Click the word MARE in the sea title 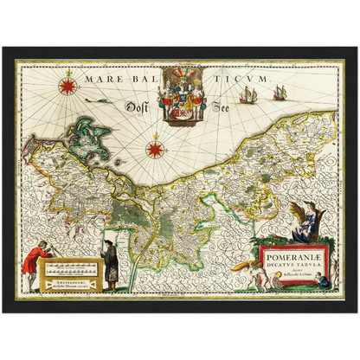101,78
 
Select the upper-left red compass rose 67,86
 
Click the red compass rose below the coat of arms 156,149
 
